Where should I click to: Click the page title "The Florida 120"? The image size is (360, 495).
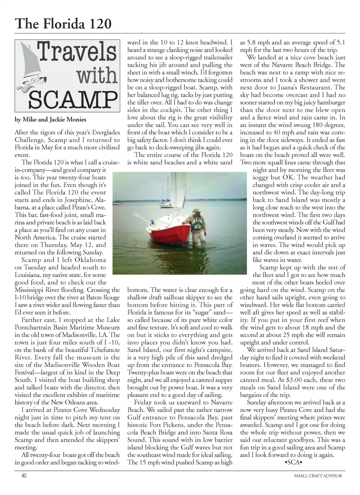63,24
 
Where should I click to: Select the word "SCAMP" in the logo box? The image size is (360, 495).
73,99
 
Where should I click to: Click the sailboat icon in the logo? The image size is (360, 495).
32,67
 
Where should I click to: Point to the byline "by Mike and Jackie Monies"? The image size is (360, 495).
50,120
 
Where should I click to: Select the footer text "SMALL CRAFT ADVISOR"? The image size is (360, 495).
318,475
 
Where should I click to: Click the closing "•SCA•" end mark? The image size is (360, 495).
293,462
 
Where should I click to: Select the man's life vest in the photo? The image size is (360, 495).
197,223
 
